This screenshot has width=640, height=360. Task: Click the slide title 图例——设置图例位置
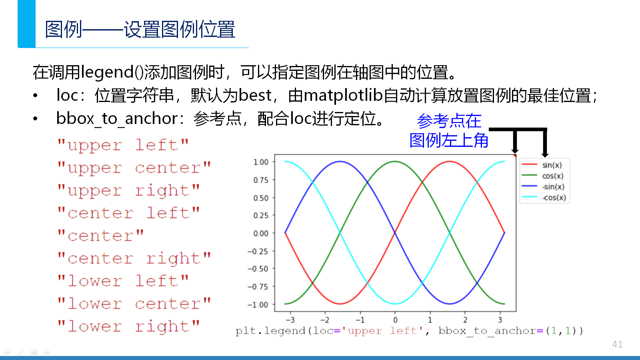tap(140, 29)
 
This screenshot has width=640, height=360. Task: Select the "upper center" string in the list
tap(134, 168)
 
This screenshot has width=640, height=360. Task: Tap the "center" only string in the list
tap(100, 236)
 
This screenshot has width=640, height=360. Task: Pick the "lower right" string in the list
tap(128, 326)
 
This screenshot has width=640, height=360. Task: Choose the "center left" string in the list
tap(128, 213)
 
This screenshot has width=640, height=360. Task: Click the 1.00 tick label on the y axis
tap(261, 162)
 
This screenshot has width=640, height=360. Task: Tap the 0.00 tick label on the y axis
tap(261, 234)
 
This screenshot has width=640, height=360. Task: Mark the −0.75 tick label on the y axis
tap(258, 286)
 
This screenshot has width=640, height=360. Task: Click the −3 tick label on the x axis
tap(290, 320)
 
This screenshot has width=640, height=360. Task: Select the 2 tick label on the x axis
tap(465, 320)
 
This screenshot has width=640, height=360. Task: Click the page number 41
tap(617, 344)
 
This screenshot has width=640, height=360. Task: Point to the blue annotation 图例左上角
tap(448, 140)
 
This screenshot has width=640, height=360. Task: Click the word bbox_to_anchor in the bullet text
tap(117, 118)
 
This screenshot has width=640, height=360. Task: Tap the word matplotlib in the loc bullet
tap(343, 95)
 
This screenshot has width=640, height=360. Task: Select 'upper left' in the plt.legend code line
tap(382, 331)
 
